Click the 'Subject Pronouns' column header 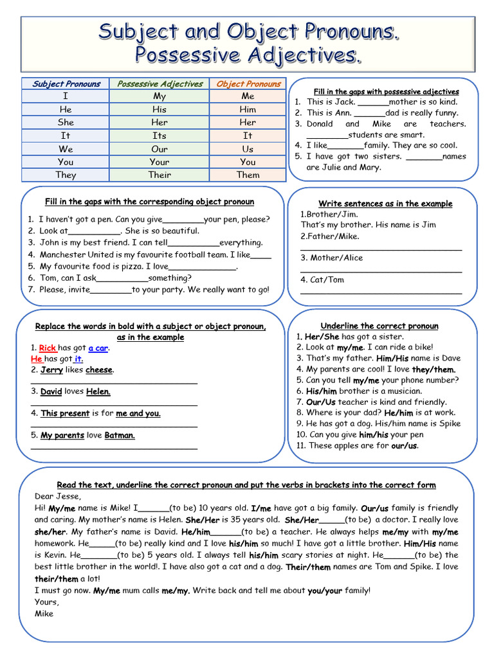pyautogui.click(x=66, y=84)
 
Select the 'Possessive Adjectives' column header pyautogui.click(x=160, y=84)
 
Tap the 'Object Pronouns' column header pyautogui.click(x=248, y=84)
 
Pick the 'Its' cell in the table pyautogui.click(x=160, y=136)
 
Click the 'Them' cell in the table pyautogui.click(x=248, y=175)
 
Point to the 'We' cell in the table pyautogui.click(x=66, y=149)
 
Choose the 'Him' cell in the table pyautogui.click(x=248, y=109)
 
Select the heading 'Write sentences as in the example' pyautogui.click(x=385, y=204)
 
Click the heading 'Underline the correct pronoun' pyautogui.click(x=380, y=326)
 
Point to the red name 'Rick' pyautogui.click(x=48, y=348)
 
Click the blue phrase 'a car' pyautogui.click(x=98, y=348)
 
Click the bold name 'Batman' pyautogui.click(x=120, y=435)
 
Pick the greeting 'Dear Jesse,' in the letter pyautogui.click(x=58, y=496)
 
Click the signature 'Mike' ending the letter pyautogui.click(x=44, y=613)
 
